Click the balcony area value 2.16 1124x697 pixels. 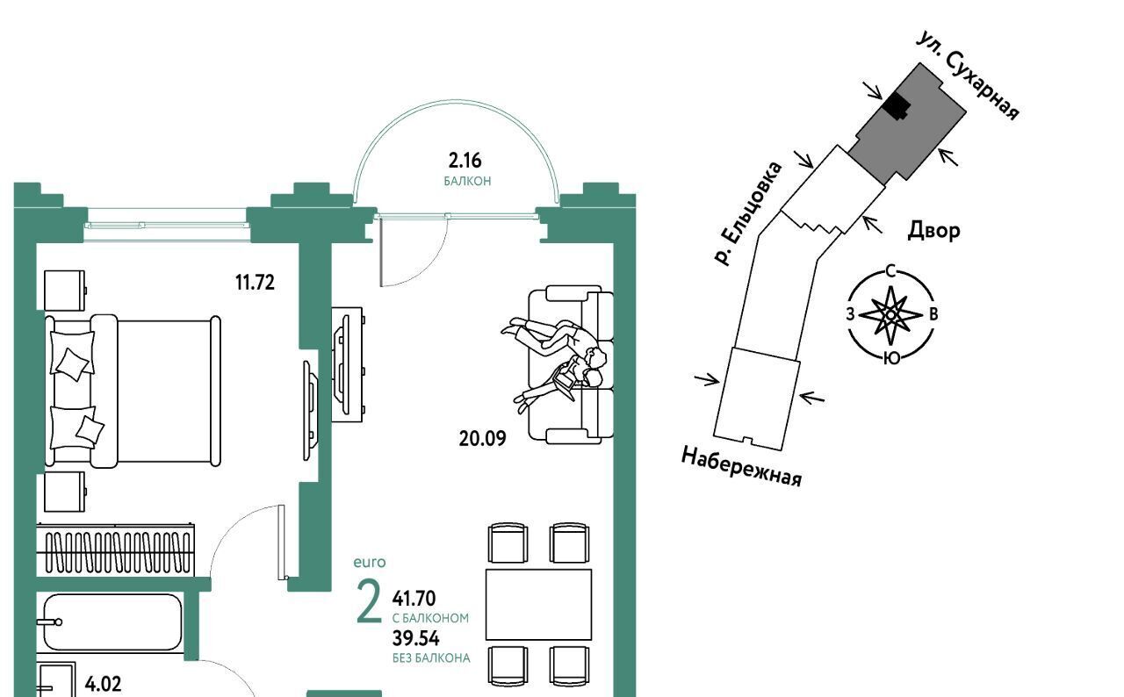pyautogui.click(x=465, y=161)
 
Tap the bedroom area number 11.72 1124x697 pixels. pyautogui.click(x=255, y=282)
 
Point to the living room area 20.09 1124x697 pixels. pyautogui.click(x=482, y=437)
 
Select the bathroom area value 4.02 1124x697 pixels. pyautogui.click(x=103, y=683)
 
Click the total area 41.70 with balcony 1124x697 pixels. pyautogui.click(x=414, y=600)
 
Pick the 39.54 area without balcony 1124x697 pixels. pyautogui.click(x=414, y=638)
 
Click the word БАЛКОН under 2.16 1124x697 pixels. pyautogui.click(x=466, y=181)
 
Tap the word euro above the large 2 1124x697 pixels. pyautogui.click(x=370, y=562)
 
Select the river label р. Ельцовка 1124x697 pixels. pyautogui.click(x=747, y=213)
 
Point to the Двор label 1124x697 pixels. pyautogui.click(x=933, y=231)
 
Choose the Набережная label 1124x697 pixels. pyautogui.click(x=742, y=466)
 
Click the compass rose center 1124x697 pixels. pyautogui.click(x=890, y=314)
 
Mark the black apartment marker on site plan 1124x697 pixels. pyautogui.click(x=896, y=106)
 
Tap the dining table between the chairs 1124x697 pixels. pyautogui.click(x=538, y=604)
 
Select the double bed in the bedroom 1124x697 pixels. pyautogui.click(x=132, y=391)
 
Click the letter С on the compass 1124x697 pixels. pyautogui.click(x=890, y=270)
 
